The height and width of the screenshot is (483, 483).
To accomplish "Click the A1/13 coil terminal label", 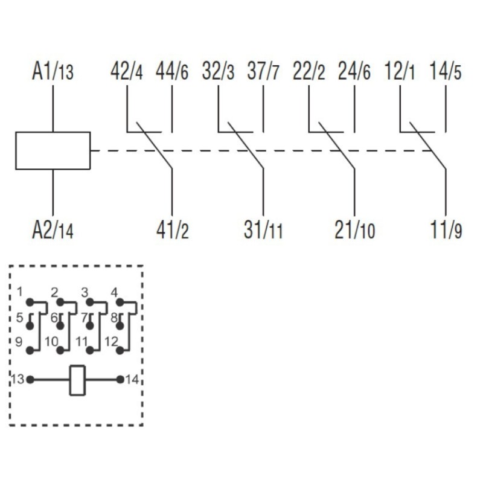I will [x=53, y=72].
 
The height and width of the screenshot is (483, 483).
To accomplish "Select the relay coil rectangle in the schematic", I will [x=53, y=150].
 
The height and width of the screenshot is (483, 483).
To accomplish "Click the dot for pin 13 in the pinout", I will [x=30, y=380].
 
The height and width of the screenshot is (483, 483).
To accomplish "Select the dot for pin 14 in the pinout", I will [x=120, y=380].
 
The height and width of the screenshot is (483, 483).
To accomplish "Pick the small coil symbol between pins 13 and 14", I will [x=77, y=380].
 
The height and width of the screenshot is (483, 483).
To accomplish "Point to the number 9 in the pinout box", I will [x=19, y=342].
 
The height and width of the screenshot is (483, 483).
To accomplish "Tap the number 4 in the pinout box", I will [x=114, y=293].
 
